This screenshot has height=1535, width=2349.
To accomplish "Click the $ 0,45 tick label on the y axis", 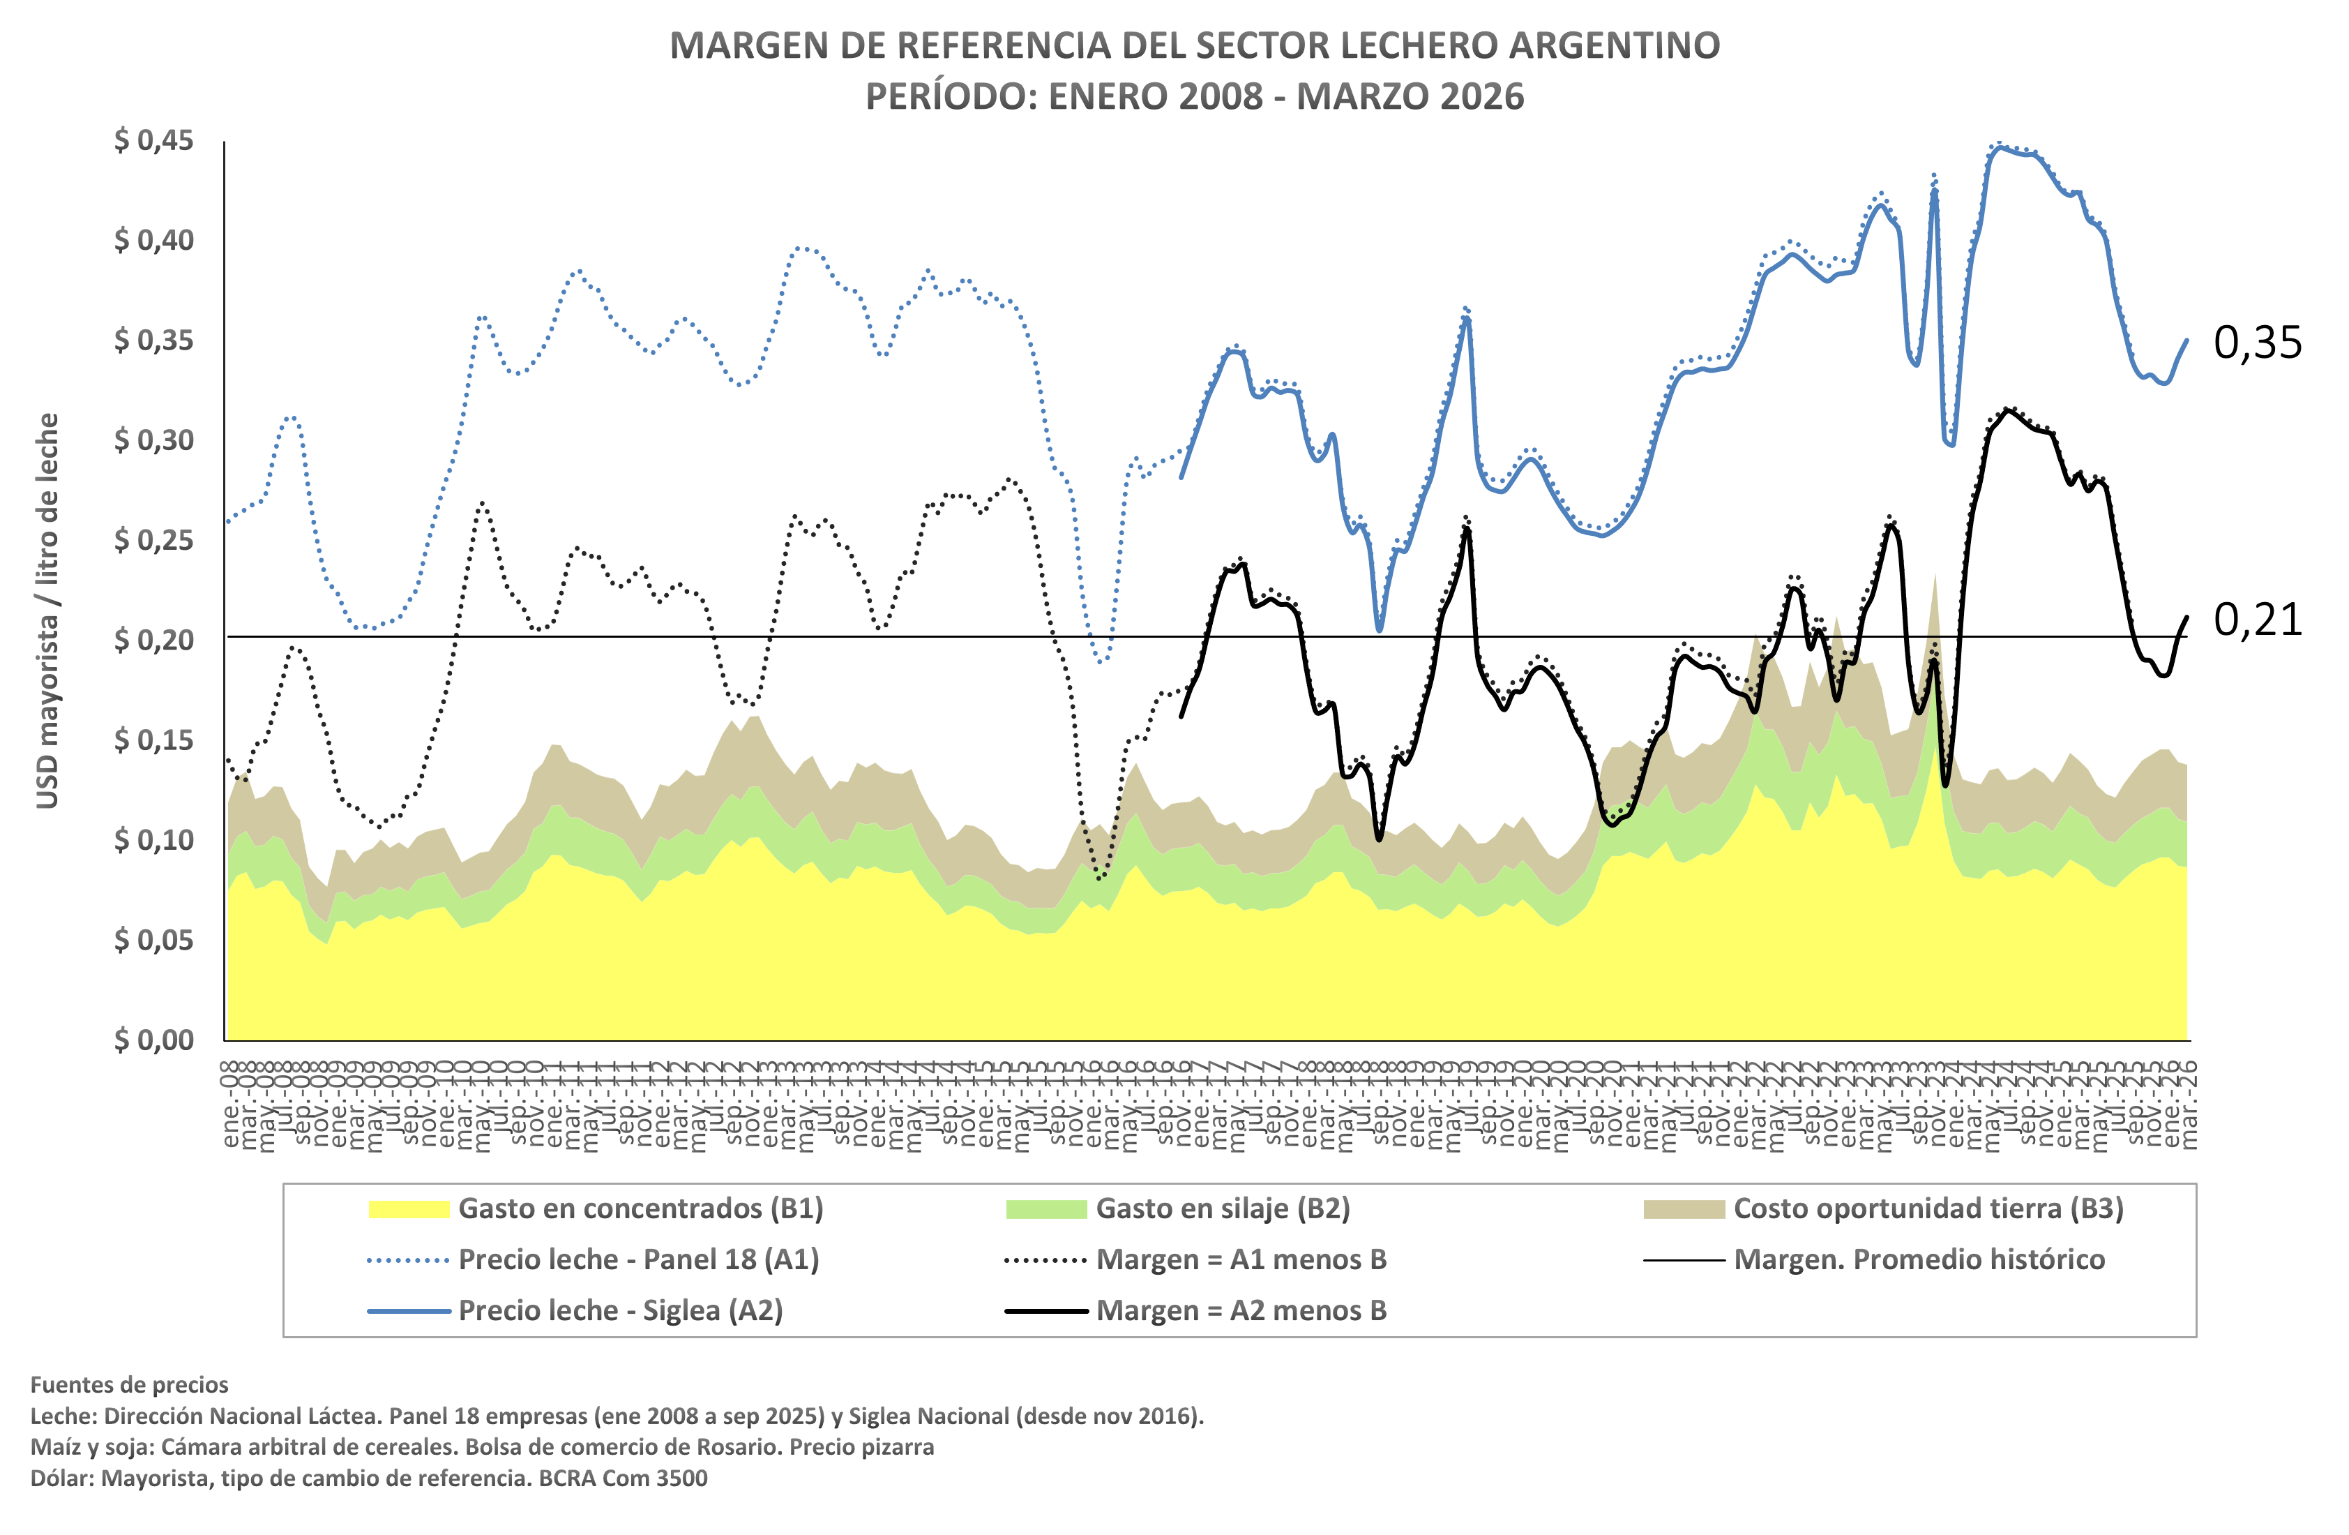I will click(154, 140).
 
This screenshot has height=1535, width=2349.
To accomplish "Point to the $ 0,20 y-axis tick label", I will click(154, 640).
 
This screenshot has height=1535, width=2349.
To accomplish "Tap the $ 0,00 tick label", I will click(154, 1040).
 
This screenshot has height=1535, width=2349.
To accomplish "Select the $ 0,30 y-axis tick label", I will click(154, 440).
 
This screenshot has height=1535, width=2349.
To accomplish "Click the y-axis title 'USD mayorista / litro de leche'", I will click(47, 610).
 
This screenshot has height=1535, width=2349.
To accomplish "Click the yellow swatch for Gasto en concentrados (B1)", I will click(409, 1209).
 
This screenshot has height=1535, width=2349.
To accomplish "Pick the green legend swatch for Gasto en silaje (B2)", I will click(1046, 1209).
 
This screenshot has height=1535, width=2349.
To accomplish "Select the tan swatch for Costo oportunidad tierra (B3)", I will click(1684, 1209).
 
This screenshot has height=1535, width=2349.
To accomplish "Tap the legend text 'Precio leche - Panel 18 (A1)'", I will click(639, 1259).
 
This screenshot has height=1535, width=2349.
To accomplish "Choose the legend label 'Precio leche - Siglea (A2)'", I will click(621, 1311).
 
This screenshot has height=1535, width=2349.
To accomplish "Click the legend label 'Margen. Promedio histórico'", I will click(1919, 1259).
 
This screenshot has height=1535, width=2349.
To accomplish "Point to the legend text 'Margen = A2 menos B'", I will click(1241, 1311).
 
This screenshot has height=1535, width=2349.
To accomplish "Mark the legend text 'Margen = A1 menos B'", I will click(1241, 1259).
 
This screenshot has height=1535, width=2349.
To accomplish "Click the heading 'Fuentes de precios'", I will click(129, 1385).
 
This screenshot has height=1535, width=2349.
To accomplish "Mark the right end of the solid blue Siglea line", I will click(2187, 340).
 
